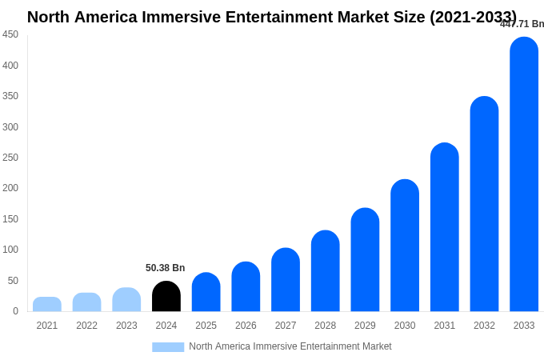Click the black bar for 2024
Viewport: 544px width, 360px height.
tap(166, 297)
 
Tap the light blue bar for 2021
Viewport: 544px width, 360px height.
tap(47, 305)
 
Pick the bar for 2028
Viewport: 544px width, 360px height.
tap(326, 271)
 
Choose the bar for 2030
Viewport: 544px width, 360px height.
tap(405, 246)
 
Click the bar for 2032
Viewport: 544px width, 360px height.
tap(484, 204)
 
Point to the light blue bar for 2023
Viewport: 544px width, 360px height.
tap(126, 300)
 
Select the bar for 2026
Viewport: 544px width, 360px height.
tap(246, 287)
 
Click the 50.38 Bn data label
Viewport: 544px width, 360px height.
tap(165, 268)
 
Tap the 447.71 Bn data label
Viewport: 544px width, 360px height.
tap(522, 24)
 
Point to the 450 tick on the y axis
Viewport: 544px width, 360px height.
tap(10, 34)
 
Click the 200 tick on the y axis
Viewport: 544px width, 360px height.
tap(10, 188)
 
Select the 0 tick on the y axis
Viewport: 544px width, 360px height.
tap(15, 311)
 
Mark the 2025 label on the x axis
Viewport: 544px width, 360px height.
tap(206, 326)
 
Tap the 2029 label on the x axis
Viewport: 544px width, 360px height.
tap(365, 326)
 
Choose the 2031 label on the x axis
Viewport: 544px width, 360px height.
tap(444, 326)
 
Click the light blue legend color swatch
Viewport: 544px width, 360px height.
tap(168, 347)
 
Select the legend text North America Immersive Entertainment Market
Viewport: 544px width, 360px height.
tap(290, 346)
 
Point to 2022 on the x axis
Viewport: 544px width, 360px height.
tap(86, 326)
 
